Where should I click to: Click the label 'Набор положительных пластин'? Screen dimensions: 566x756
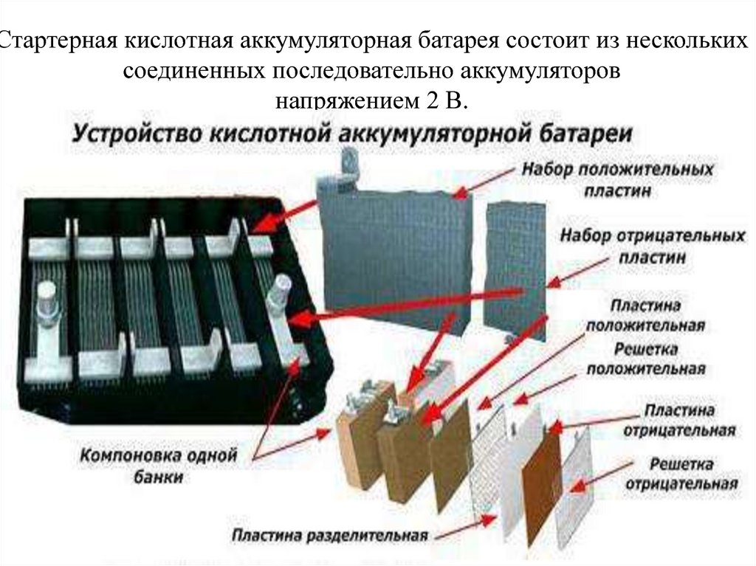click(x=617, y=179)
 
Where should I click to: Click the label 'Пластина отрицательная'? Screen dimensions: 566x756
click(x=679, y=419)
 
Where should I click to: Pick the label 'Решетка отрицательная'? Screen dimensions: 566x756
click(x=681, y=474)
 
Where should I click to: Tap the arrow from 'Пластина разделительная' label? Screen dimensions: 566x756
click(x=465, y=525)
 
